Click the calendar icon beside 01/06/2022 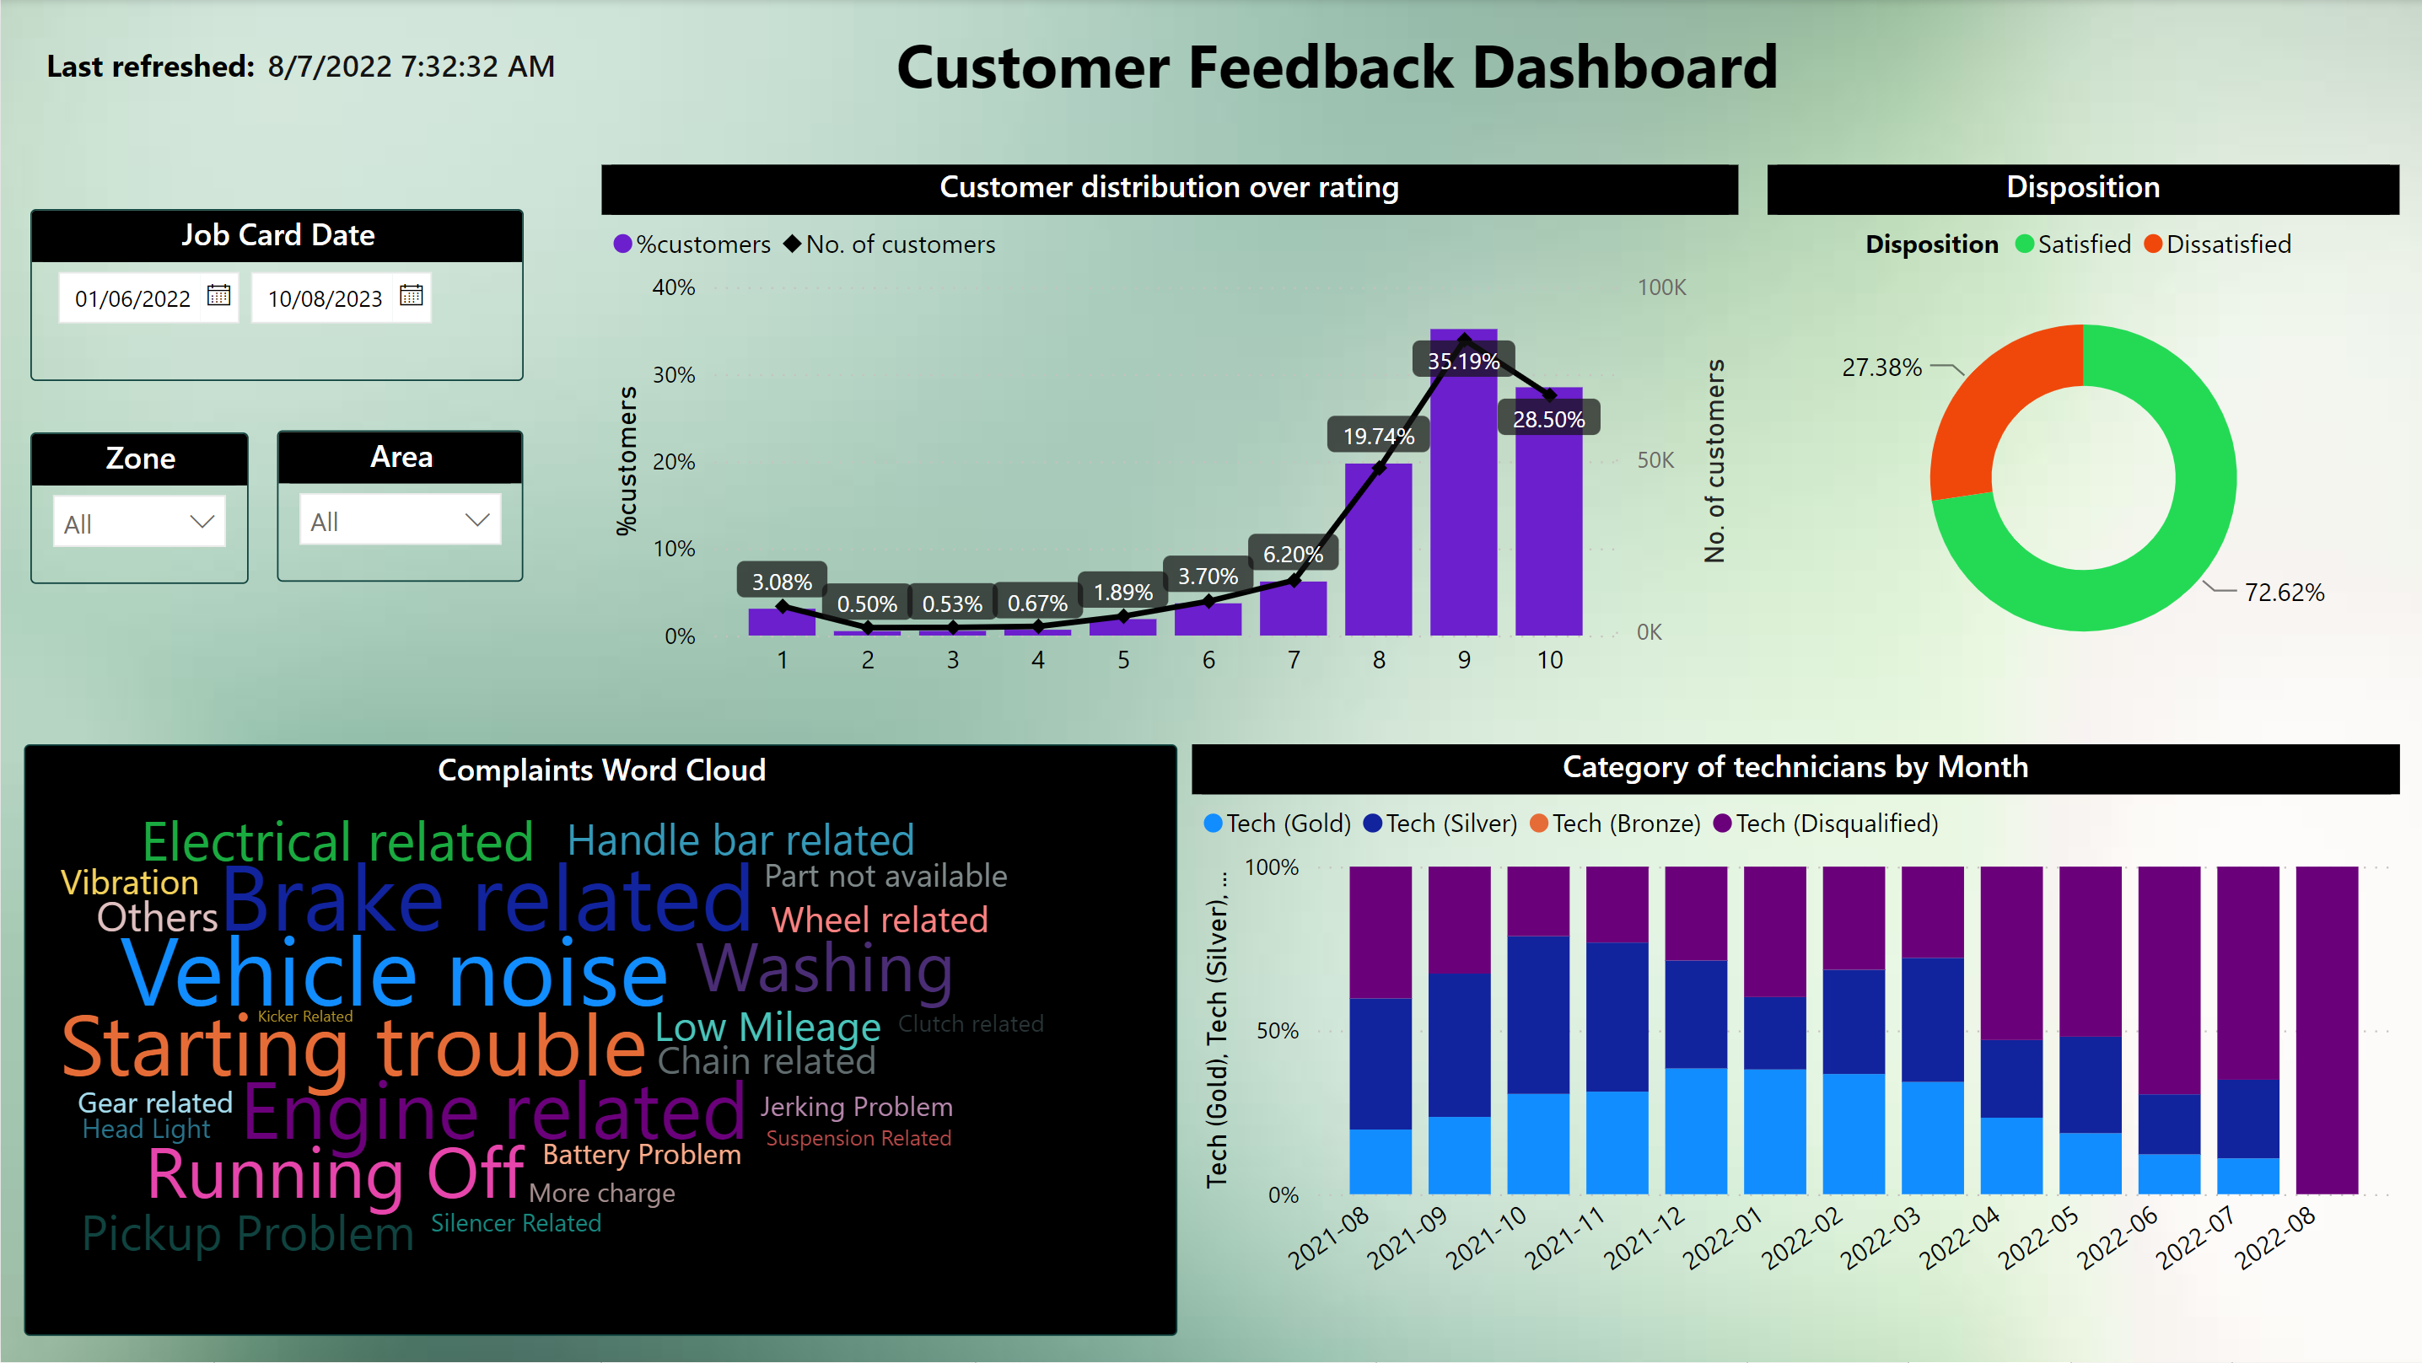tap(219, 295)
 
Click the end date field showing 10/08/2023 tap(325, 299)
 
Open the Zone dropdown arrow tap(202, 522)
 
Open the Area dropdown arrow tap(477, 520)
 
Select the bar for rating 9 tap(1464, 482)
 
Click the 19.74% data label tap(1378, 436)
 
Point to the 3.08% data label tap(781, 582)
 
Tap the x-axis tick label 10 tap(1549, 660)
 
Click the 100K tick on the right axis tap(1661, 287)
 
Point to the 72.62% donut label tap(2284, 593)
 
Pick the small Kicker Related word tap(304, 1017)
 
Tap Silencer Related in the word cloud tap(515, 1223)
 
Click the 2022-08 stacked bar tap(2326, 1030)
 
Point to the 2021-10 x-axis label tap(1486, 1238)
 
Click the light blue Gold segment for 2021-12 tap(1695, 1131)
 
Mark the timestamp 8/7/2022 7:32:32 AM tap(411, 67)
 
